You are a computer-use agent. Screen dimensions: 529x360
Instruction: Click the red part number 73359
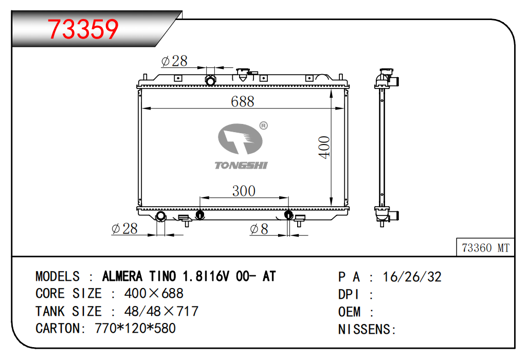tap(83, 29)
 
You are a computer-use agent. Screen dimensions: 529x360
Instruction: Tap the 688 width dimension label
tap(242, 101)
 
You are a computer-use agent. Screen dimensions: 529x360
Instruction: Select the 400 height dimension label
tap(324, 147)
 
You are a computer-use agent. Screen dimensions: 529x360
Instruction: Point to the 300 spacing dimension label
tap(244, 191)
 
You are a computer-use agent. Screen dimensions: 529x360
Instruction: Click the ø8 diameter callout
tap(259, 229)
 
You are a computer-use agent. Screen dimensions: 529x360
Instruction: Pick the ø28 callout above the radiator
tap(174, 61)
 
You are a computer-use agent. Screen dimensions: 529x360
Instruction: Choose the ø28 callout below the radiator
tap(124, 228)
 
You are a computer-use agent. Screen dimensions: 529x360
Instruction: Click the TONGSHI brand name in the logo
tap(241, 165)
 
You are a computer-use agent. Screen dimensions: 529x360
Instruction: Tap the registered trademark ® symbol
tap(264, 125)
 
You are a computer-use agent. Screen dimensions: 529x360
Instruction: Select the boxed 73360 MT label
tap(485, 248)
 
